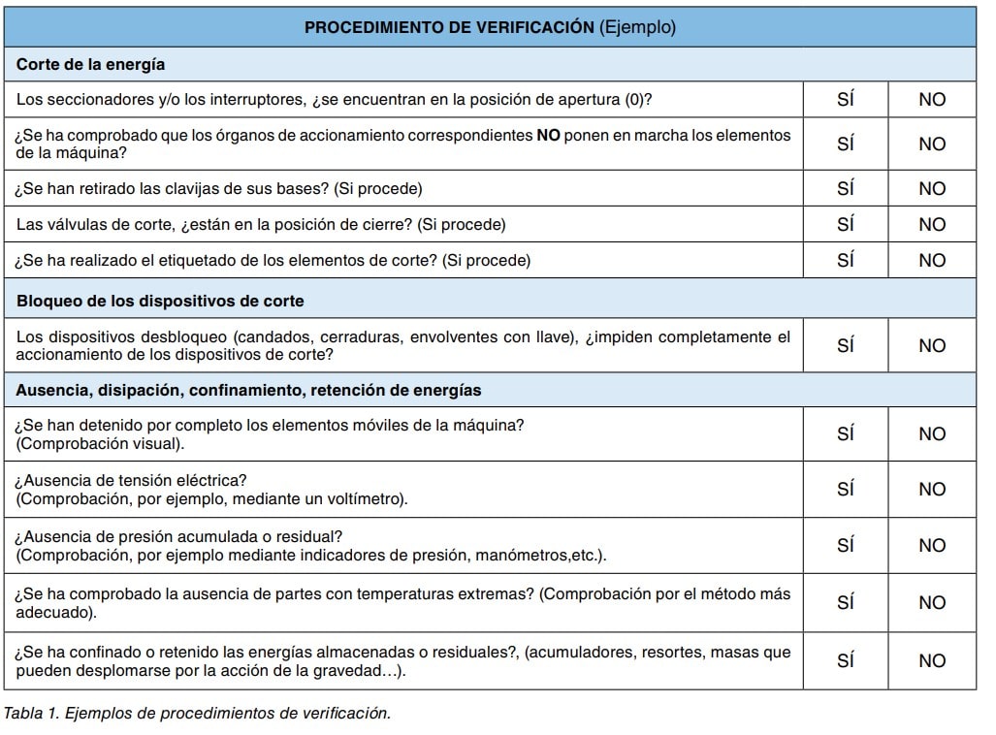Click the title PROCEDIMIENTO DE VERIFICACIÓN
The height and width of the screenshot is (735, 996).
point(448,27)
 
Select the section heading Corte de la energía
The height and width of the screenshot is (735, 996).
point(90,65)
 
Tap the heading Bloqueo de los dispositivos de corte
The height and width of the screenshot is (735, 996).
point(160,301)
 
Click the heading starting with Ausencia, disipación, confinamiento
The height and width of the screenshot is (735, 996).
point(248,391)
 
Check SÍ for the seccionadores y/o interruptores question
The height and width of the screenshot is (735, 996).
point(845,99)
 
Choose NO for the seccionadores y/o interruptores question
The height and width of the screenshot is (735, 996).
point(931,99)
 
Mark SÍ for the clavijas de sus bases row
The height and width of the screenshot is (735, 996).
point(845,188)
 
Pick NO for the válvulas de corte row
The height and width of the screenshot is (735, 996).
point(931,224)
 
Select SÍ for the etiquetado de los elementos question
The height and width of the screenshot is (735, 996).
point(845,260)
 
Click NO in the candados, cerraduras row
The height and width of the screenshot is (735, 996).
point(931,346)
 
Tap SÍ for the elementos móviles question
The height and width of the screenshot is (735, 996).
point(845,433)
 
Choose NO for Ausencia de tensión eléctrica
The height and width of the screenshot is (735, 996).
point(931,489)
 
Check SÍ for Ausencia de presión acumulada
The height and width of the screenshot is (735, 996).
point(845,545)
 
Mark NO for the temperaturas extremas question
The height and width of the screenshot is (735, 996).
point(931,602)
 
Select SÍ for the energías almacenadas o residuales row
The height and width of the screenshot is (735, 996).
point(845,660)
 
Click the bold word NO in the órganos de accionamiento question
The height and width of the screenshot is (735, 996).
point(548,136)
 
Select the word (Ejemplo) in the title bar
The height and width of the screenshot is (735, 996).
point(637,27)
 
